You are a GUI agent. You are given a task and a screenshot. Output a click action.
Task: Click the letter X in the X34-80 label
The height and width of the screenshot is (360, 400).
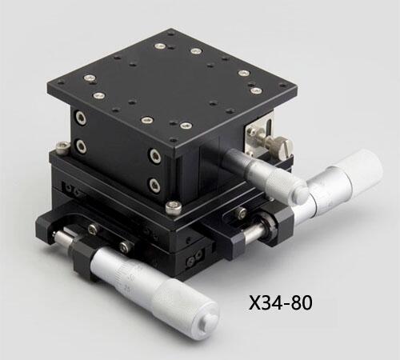pos(256,303)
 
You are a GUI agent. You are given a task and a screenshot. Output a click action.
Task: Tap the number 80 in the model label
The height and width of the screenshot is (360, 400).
pos(302,303)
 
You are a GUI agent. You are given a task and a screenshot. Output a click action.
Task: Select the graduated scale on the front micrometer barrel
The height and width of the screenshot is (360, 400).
pos(127,273)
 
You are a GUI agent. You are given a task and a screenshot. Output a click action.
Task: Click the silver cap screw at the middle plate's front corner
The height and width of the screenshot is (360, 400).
pos(174,207)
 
